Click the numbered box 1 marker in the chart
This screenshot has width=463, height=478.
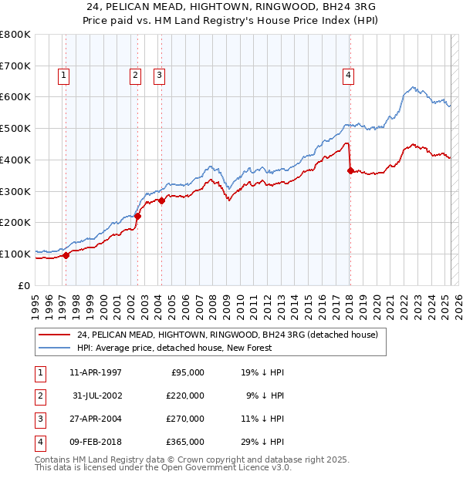(x=63, y=76)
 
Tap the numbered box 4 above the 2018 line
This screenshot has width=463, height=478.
(x=349, y=76)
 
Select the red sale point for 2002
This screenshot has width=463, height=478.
(x=138, y=217)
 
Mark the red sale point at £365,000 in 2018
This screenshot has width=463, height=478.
(x=350, y=171)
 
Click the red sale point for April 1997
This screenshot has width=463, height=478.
(x=66, y=255)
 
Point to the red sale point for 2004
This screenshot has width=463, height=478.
(x=162, y=200)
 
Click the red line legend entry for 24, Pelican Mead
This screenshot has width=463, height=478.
(x=227, y=335)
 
